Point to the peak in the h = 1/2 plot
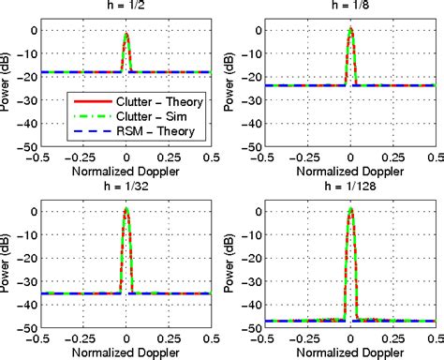pos(127,34)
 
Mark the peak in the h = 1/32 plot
pos(127,210)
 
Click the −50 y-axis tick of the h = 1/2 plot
pos(29,147)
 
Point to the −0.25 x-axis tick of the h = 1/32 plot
pos(84,338)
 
